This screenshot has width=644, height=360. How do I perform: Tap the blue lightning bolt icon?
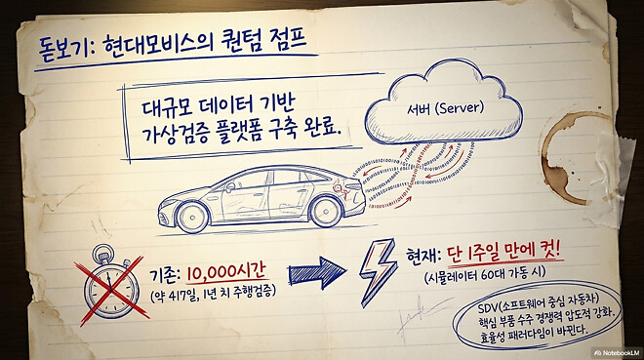coord(376,270)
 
